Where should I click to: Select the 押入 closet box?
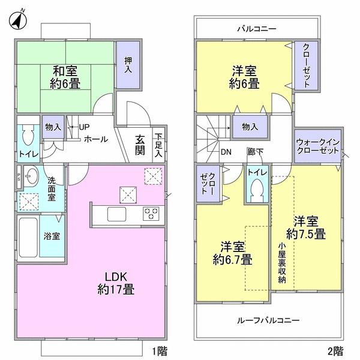pos(128,65)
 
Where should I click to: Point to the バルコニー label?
pos(256,28)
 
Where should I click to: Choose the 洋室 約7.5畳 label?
pos(305,226)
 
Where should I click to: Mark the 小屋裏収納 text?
pos(281,263)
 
